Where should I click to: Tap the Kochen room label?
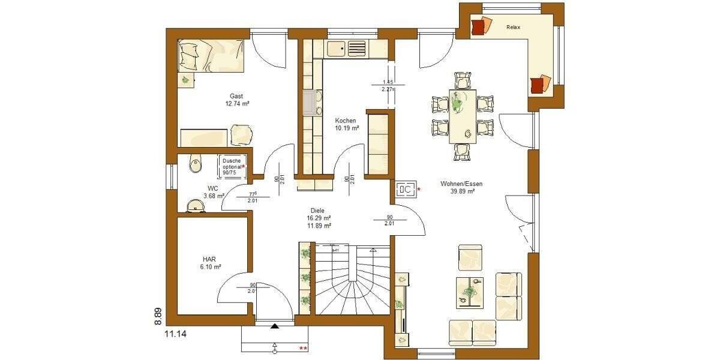point(346,121)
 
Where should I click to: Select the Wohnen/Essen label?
point(461,184)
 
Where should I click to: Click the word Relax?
point(513,28)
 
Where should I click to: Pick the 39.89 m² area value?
point(463,192)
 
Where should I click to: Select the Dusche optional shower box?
point(233,165)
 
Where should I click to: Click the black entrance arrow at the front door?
point(275,326)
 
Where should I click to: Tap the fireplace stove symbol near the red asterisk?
point(404,190)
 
